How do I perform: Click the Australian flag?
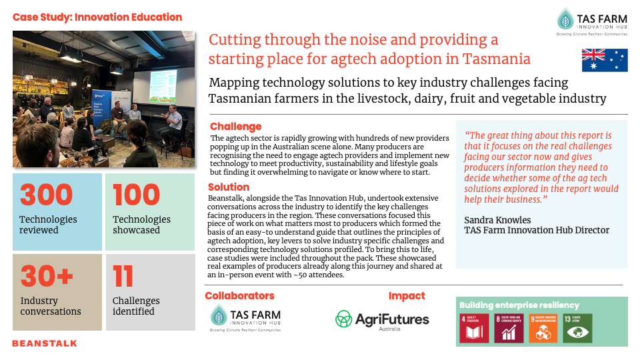[x=605, y=60]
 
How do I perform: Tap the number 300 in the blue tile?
[x=46, y=195]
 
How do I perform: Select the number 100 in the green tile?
[x=136, y=195]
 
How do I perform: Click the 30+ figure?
[x=46, y=276]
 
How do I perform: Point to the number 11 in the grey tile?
[x=123, y=276]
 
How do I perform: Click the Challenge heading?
[x=235, y=127]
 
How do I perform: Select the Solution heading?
[x=229, y=187]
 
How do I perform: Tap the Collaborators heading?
[x=239, y=295]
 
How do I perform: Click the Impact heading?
[x=407, y=295]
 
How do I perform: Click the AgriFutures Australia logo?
[x=382, y=321]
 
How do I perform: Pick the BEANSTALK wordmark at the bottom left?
[x=45, y=343]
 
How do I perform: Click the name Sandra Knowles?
[x=497, y=219]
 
